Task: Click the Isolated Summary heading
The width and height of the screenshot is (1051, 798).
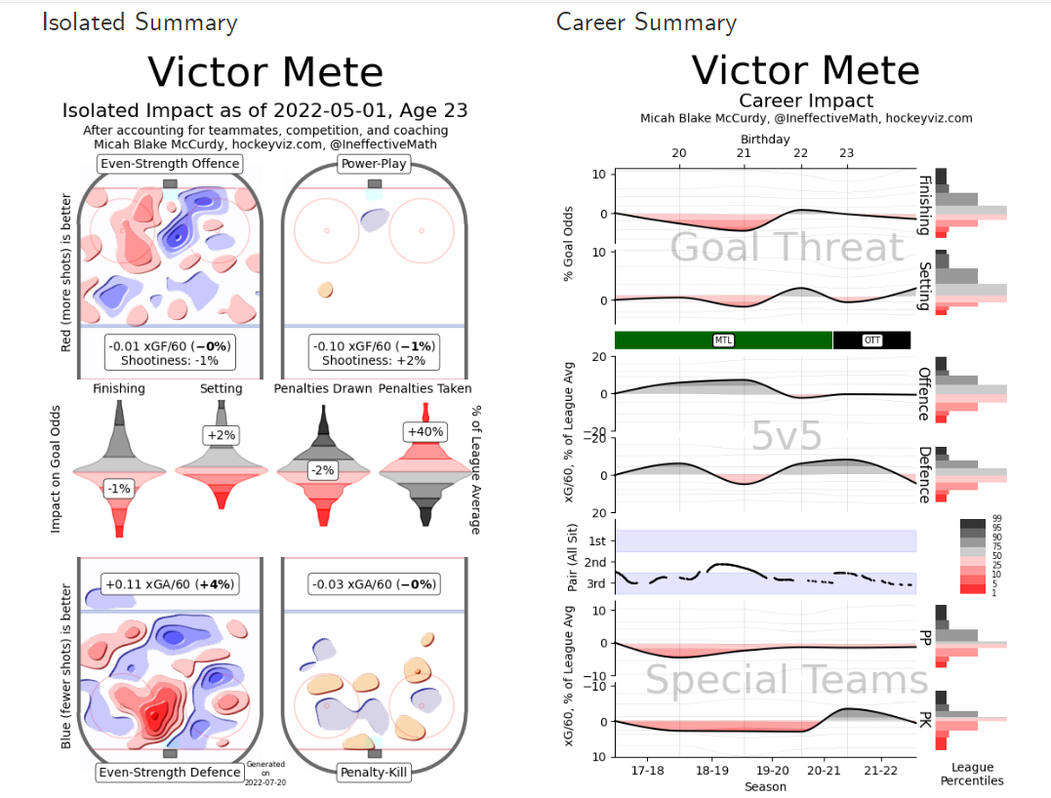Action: pos(140,22)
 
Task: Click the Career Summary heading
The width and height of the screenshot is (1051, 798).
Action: pos(646,22)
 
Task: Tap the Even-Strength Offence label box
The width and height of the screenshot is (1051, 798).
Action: pos(170,164)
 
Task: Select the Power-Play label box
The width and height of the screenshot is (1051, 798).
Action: pos(374,164)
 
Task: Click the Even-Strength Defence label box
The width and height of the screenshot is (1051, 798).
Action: pos(170,773)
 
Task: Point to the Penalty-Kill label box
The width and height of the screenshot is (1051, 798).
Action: pos(374,773)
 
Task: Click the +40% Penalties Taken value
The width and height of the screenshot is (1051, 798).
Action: pos(424,431)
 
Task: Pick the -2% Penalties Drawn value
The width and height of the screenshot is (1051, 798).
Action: pos(322,470)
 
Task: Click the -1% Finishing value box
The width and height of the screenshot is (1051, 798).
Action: pos(119,488)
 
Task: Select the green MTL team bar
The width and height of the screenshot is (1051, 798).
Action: pos(723,340)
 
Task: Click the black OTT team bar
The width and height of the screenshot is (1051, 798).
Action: pos(871,340)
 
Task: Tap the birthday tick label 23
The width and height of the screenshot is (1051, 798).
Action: pos(846,153)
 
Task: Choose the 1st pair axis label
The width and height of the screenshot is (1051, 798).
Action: pos(596,540)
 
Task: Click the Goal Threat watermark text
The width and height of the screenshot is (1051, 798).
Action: pos(787,248)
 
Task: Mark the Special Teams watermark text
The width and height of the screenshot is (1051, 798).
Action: pos(787,680)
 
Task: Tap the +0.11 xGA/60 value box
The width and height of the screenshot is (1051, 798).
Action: pos(170,585)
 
